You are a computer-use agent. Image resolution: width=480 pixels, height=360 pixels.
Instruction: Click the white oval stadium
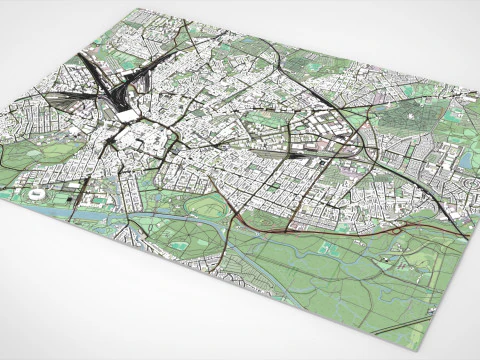[36, 194]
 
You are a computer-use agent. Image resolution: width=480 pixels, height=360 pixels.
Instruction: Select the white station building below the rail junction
[129, 115]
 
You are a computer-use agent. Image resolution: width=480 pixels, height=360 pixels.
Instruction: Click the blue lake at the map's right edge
[464, 159]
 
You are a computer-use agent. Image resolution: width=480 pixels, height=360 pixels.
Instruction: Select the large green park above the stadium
[45, 155]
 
